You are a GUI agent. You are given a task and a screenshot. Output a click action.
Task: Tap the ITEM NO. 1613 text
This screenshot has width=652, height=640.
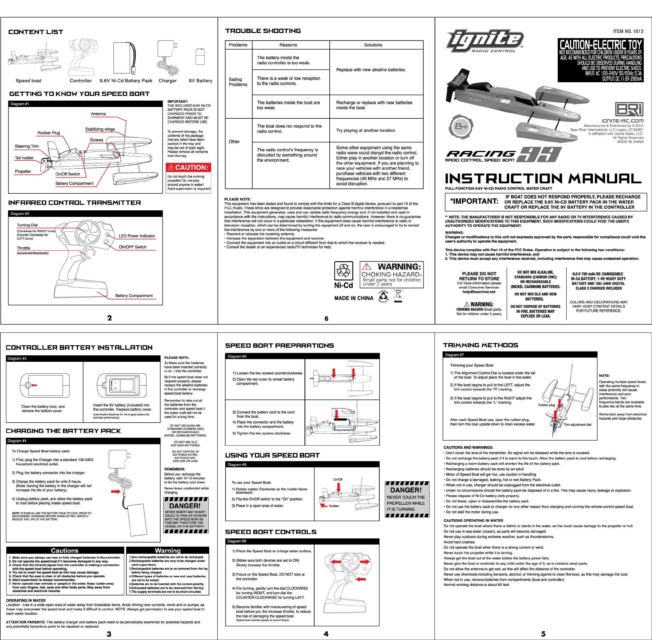pos(628,31)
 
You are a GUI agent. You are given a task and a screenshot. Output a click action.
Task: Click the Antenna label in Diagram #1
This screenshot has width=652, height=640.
pos(98,114)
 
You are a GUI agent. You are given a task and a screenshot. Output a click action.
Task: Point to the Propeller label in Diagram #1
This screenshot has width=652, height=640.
pos(23,171)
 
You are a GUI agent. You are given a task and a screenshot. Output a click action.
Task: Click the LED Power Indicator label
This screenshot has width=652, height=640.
pos(137,236)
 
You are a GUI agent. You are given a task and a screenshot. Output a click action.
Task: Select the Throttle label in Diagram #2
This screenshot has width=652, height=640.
pos(23,248)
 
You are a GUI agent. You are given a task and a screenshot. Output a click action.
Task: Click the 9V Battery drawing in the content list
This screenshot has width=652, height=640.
pos(200,56)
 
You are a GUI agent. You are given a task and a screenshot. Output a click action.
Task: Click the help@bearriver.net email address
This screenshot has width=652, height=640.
pos(479,292)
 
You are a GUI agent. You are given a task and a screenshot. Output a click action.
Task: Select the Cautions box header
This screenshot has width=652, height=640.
pos(64,551)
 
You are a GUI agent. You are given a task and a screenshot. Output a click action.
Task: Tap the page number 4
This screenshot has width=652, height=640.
pos(325,634)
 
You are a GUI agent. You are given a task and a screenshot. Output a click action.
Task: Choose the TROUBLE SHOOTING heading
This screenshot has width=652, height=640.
pos(263,31)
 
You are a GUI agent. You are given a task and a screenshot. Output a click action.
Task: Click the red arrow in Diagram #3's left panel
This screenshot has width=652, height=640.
pos(33,385)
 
